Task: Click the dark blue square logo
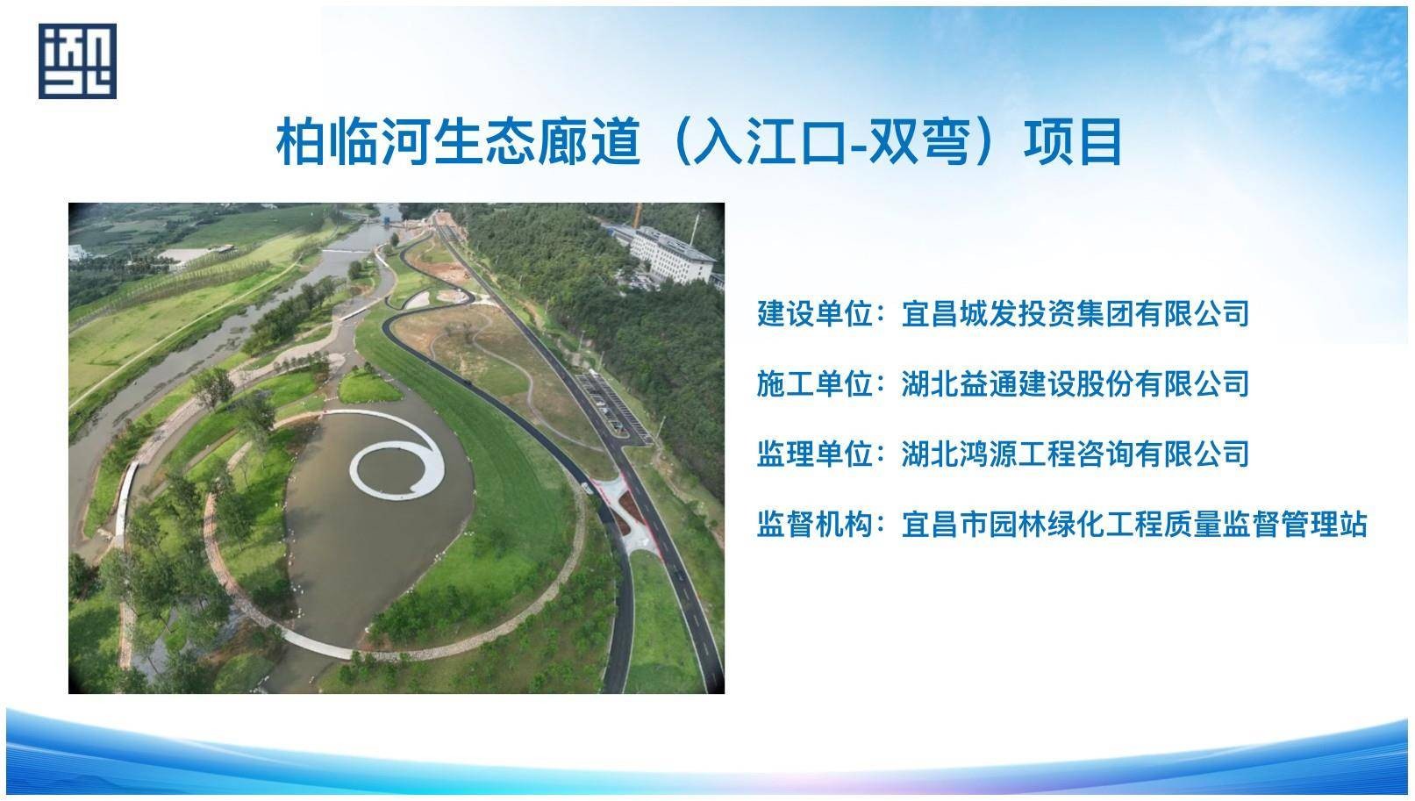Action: click(x=77, y=61)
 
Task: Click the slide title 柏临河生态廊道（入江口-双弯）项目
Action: click(x=698, y=141)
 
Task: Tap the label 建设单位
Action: click(x=815, y=314)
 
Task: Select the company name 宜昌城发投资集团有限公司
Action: click(x=1076, y=314)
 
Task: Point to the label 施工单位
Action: click(x=815, y=384)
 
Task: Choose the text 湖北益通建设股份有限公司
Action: click(x=1076, y=384)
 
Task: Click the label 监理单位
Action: click(x=815, y=454)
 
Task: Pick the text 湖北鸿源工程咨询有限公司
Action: click(x=1076, y=454)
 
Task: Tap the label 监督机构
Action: click(x=815, y=525)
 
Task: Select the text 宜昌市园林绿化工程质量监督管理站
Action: click(x=1134, y=525)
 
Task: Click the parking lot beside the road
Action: click(x=611, y=405)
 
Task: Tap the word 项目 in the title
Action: click(x=1073, y=141)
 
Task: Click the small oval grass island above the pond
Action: click(x=368, y=386)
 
